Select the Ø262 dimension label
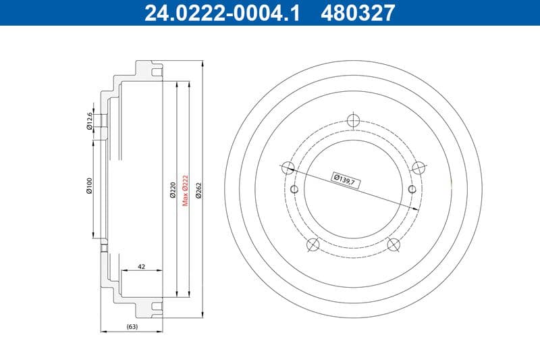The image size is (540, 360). coord(198,190)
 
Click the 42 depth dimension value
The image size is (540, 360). coord(141,267)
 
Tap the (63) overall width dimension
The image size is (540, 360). coord(132,327)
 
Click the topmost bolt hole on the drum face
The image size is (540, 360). coord(352,120)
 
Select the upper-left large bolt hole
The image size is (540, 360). coord(287,168)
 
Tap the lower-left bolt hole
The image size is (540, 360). coord(312,245)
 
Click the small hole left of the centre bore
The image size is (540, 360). coord(294,188)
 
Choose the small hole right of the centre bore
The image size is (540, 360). coord(410,188)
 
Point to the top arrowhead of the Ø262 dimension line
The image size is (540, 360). coord(202,63)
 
